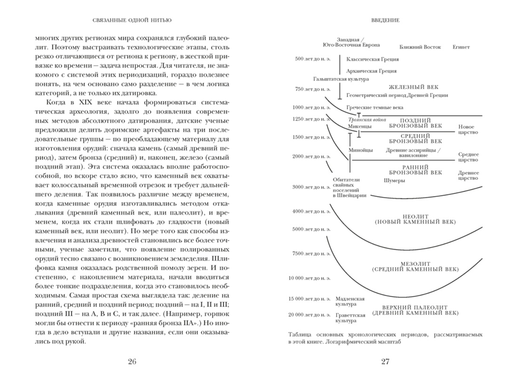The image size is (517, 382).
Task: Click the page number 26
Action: coord(132,362)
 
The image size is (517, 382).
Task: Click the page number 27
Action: coord(385,362)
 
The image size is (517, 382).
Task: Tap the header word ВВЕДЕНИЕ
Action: coord(385,20)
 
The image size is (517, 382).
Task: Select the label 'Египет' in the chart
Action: coord(461,47)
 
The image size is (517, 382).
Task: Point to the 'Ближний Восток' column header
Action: coord(420,47)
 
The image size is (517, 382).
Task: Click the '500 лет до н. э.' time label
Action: coord(313,59)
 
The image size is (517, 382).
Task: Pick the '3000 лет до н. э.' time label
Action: coord(311,187)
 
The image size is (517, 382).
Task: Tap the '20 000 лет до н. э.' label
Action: coord(309,315)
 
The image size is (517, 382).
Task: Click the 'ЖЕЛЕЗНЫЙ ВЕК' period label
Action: coord(413,87)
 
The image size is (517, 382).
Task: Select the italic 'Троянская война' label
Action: coord(367,120)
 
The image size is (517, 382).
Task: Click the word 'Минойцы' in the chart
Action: coord(361,150)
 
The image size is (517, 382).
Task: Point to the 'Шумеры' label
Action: coord(394,181)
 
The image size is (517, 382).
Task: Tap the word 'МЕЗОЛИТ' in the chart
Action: coord(415,264)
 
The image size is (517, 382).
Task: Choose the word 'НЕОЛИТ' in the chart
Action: coord(415,216)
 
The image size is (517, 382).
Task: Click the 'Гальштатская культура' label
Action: coord(341,79)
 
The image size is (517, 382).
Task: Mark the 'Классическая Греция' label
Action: coord(372,59)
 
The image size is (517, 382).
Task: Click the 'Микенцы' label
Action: coord(360,126)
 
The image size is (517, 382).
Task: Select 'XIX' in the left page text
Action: coord(85,102)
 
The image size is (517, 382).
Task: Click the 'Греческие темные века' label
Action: coord(375,108)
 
